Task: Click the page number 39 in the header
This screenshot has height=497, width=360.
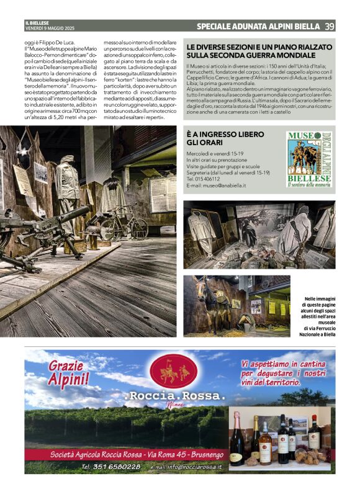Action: tap(330, 26)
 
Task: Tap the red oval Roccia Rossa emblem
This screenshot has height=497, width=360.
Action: tap(174, 371)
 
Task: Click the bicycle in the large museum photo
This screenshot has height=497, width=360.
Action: tap(125, 224)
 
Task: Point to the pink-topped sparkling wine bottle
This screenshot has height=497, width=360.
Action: tap(236, 441)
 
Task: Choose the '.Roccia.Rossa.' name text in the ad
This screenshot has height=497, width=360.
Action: tap(174, 395)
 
